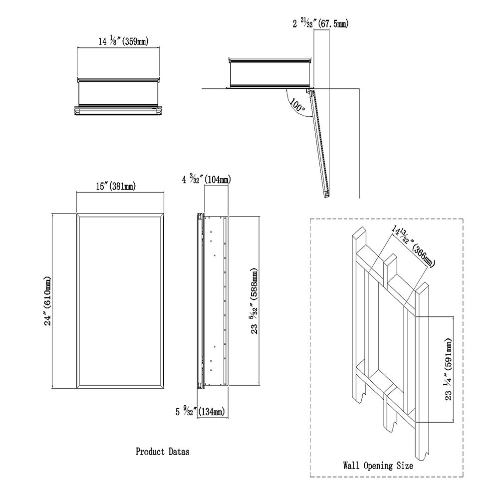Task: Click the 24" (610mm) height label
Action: coord(48,301)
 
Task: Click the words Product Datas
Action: coord(162,452)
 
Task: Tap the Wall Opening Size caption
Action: coord(378,467)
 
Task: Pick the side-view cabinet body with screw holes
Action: coord(215,301)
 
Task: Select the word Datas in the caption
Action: coord(178,452)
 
